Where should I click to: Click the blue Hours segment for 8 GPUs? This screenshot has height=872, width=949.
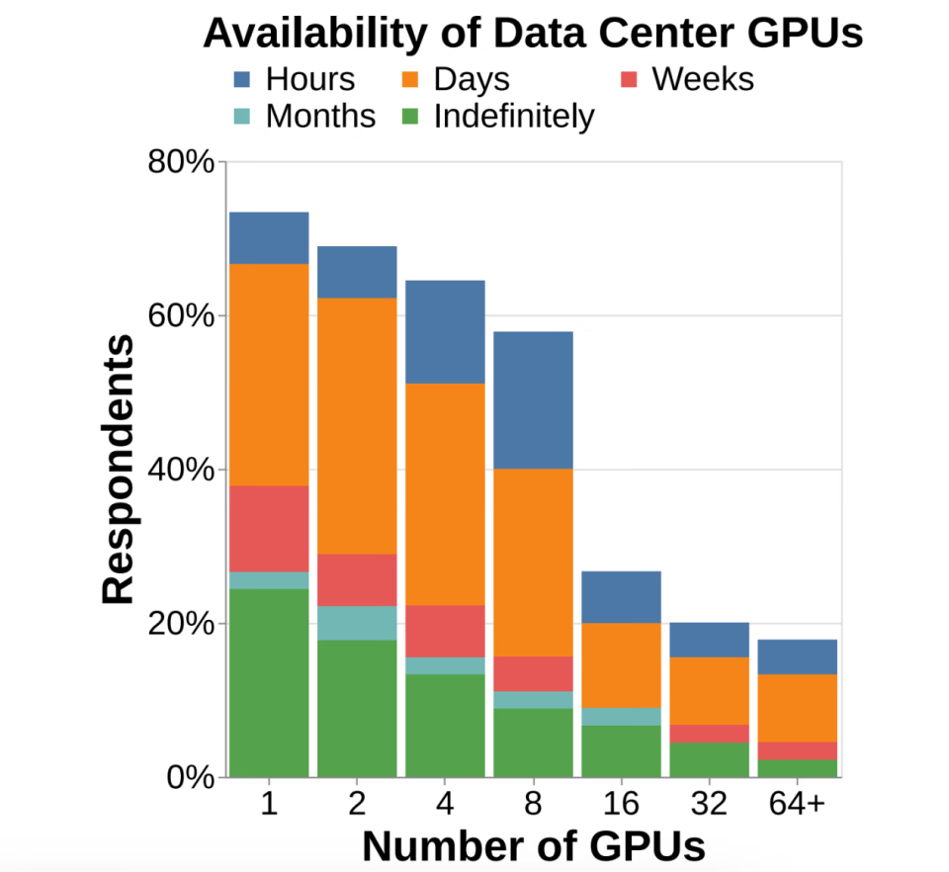point(533,399)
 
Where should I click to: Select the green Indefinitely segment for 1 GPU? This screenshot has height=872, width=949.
point(269,682)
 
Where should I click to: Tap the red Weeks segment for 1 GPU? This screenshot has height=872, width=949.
point(269,528)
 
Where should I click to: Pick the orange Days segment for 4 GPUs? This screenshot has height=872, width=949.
point(445,493)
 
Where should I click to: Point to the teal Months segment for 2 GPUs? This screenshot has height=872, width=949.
point(357,623)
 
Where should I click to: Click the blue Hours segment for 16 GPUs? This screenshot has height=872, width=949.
point(621,596)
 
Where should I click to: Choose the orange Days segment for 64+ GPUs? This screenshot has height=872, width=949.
point(797,708)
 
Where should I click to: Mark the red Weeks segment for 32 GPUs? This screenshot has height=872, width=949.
point(709,734)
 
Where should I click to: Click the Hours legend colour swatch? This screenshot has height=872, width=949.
point(244,79)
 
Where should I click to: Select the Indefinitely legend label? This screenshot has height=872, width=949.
point(514,117)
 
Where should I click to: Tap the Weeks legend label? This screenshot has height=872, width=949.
point(703,79)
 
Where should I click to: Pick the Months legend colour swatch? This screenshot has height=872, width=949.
point(244,117)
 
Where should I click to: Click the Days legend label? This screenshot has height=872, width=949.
point(472,79)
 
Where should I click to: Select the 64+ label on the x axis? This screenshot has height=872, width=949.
point(797,805)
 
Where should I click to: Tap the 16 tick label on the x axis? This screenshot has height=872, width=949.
point(621,805)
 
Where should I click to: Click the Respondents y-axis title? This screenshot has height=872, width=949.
point(119,470)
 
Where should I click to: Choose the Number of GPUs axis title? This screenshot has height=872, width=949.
point(534,846)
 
